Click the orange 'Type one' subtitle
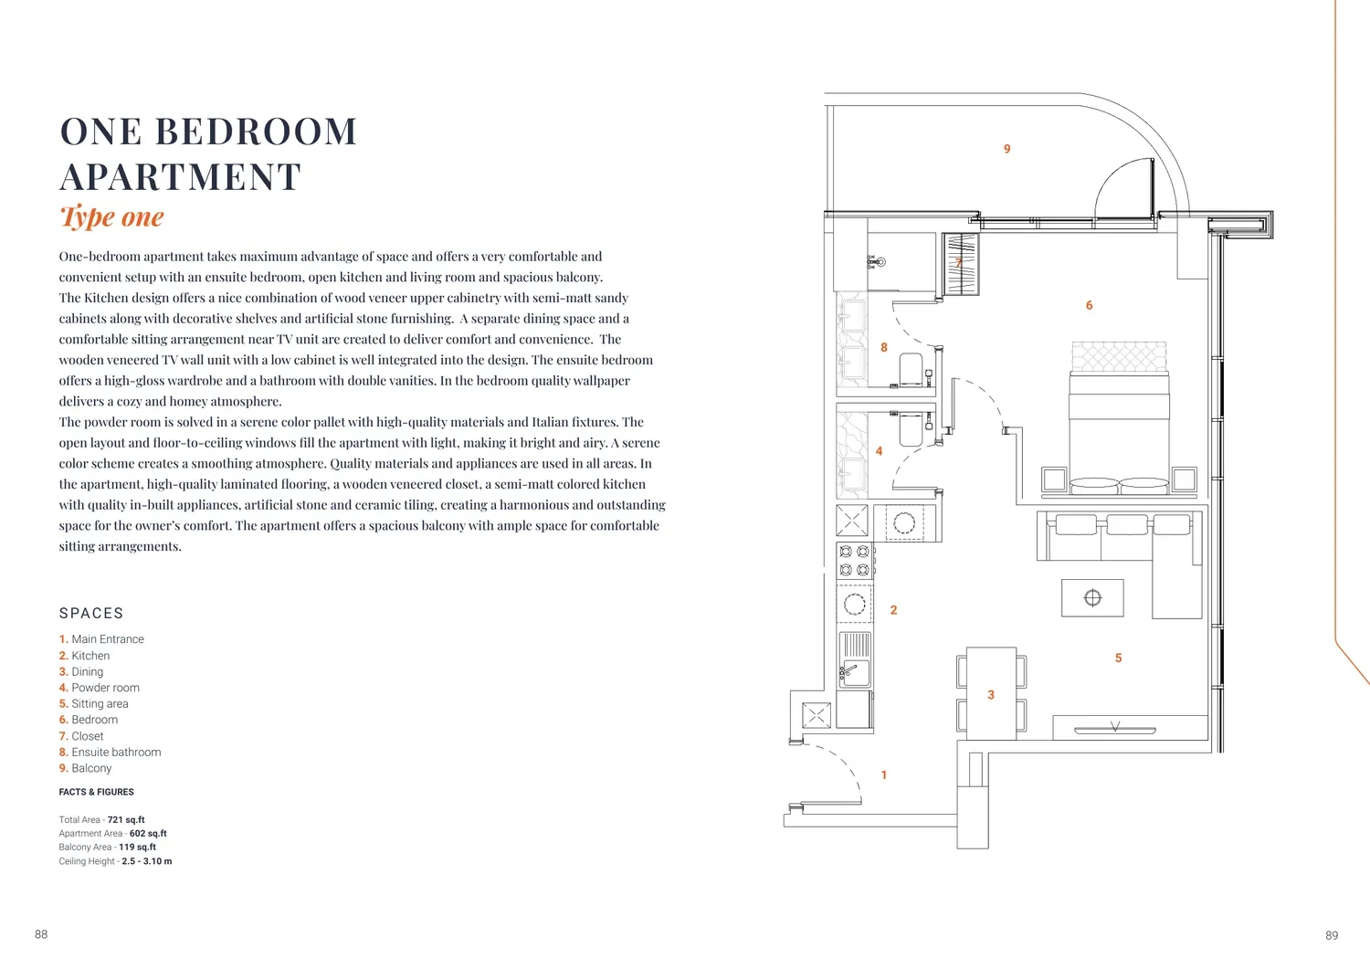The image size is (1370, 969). (112, 216)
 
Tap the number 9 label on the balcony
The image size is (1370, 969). (1006, 149)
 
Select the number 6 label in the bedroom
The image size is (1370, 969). (1089, 305)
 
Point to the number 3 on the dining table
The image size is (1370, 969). (991, 695)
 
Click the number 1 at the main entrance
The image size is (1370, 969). (883, 775)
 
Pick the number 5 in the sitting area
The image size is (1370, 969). (1118, 658)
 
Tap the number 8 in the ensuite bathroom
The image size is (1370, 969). (884, 347)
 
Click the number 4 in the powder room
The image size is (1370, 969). (879, 451)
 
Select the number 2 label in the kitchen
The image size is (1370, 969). (893, 610)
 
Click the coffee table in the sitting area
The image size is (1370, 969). (1092, 597)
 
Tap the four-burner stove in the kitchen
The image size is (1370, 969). (854, 561)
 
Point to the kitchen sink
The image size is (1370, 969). (854, 673)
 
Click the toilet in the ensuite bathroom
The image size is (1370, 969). (912, 369)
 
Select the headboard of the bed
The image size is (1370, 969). (1119, 356)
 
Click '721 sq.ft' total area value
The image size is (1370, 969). (126, 820)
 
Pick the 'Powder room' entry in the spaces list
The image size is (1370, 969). (105, 688)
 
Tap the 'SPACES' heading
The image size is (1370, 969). (91, 613)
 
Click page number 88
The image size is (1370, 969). (41, 934)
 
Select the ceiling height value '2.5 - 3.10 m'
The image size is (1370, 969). (147, 861)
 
